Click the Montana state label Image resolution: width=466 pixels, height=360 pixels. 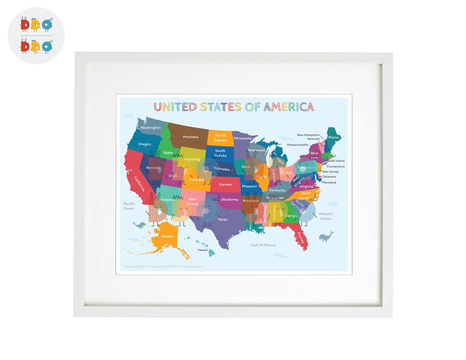tap(190, 137)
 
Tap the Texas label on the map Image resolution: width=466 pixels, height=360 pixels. tap(222, 219)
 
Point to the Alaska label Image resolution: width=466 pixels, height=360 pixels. tap(167, 236)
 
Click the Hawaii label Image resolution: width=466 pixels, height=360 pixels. tap(203, 250)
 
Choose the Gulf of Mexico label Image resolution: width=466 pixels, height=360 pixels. tap(263, 245)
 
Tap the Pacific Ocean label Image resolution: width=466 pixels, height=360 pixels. tap(129, 206)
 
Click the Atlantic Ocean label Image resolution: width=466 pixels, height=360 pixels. tap(326, 216)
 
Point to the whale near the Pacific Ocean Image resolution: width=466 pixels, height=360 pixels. tap(139, 225)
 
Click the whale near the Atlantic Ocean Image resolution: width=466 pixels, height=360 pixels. tap(326, 236)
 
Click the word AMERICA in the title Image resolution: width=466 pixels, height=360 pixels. tap(289, 107)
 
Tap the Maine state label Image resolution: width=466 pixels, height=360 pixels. tap(334, 138)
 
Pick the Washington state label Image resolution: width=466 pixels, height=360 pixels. tap(151, 127)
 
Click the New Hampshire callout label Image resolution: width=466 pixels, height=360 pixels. tap(308, 135)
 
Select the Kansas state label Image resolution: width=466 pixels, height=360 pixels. tap(225, 184)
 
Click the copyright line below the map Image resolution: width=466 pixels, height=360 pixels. tap(163, 266)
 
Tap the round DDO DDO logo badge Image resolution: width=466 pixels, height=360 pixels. tap(36, 36)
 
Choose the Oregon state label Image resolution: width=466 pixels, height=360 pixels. tap(144, 144)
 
